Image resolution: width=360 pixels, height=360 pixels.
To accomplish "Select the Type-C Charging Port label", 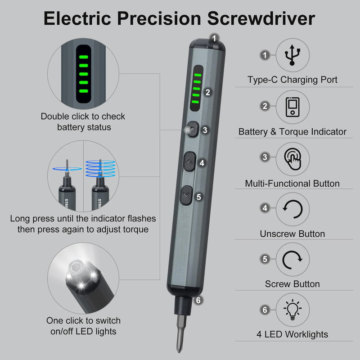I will click(x=292, y=80).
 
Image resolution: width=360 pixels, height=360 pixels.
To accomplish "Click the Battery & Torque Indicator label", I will click(x=292, y=132).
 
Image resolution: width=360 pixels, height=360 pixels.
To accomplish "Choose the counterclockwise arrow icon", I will click(x=292, y=209).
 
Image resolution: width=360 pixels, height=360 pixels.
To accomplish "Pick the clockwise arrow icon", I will click(x=292, y=259).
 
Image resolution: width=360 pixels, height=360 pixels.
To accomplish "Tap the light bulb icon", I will click(x=292, y=310).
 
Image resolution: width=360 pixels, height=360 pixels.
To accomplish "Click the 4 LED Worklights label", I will click(x=292, y=334).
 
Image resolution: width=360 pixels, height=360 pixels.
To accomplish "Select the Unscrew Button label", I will click(x=292, y=234).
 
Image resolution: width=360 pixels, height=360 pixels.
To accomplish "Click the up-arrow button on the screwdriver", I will click(x=189, y=162).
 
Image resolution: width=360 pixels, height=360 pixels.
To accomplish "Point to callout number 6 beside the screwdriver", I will click(x=198, y=300).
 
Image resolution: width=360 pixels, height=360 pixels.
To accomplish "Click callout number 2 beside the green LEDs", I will click(x=207, y=92).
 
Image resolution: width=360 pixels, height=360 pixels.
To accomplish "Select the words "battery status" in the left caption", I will click(x=84, y=127).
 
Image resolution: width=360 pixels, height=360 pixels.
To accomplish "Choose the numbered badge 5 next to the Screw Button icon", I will click(x=265, y=259).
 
